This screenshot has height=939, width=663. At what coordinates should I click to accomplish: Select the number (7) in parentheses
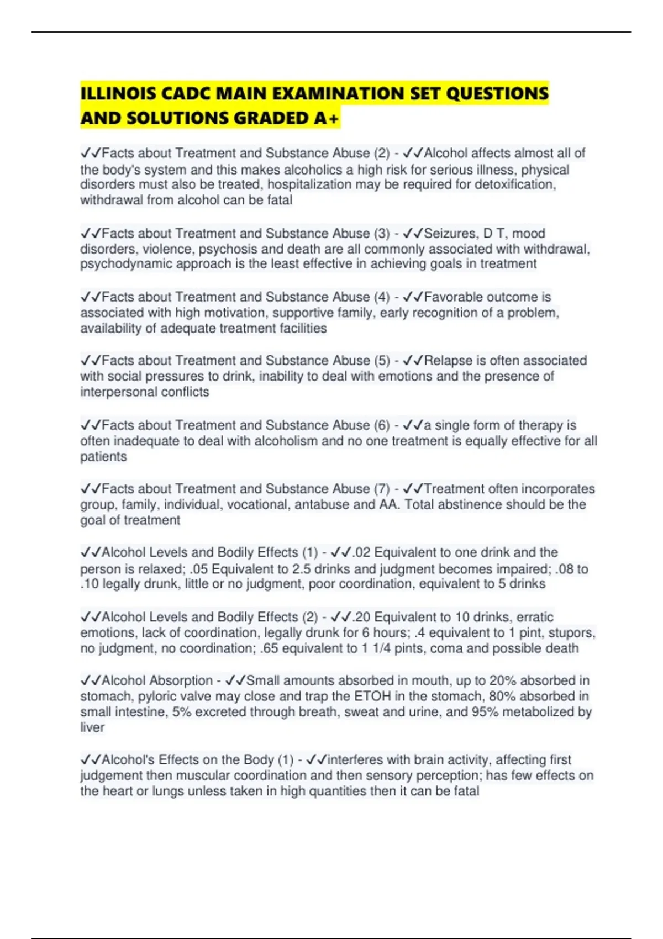[382, 489]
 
